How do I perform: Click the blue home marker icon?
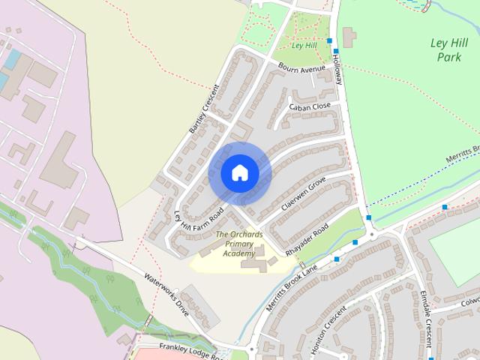tap(239, 173)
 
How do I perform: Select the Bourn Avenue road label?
tap(301, 69)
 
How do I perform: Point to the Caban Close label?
tap(310, 106)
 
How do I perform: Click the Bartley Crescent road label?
tap(203, 109)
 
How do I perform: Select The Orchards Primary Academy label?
tap(239, 244)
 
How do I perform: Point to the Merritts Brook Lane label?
tap(292, 288)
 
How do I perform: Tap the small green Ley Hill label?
tap(303, 45)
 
